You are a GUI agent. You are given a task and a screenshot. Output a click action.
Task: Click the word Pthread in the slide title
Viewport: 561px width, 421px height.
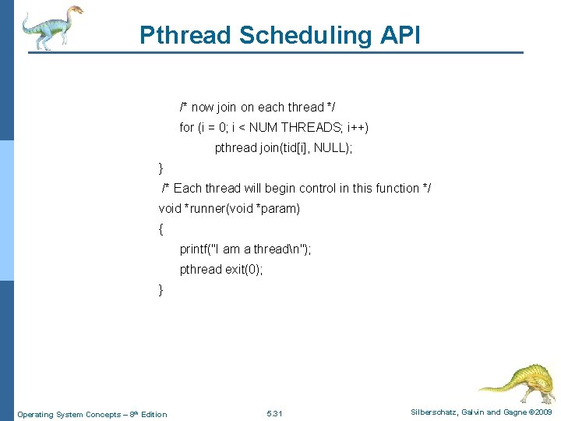coord(185,35)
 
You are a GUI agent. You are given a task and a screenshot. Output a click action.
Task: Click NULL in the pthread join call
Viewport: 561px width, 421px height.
coord(331,147)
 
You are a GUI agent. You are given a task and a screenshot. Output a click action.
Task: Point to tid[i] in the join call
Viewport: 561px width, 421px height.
coord(294,147)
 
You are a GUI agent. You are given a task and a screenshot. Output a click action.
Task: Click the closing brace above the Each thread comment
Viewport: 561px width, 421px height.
coord(161,168)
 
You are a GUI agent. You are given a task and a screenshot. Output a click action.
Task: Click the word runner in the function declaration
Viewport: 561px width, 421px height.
coord(206,208)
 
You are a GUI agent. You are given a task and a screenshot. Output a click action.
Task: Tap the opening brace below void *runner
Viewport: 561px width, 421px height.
coord(161,229)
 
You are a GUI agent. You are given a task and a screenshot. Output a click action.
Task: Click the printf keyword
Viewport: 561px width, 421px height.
coord(195,249)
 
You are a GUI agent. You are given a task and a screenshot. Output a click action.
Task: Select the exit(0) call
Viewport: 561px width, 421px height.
coord(245,269)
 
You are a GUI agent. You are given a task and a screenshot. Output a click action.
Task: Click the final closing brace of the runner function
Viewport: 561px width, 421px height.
coord(161,290)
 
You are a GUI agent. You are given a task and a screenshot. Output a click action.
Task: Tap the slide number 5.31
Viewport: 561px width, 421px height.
coord(274,413)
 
